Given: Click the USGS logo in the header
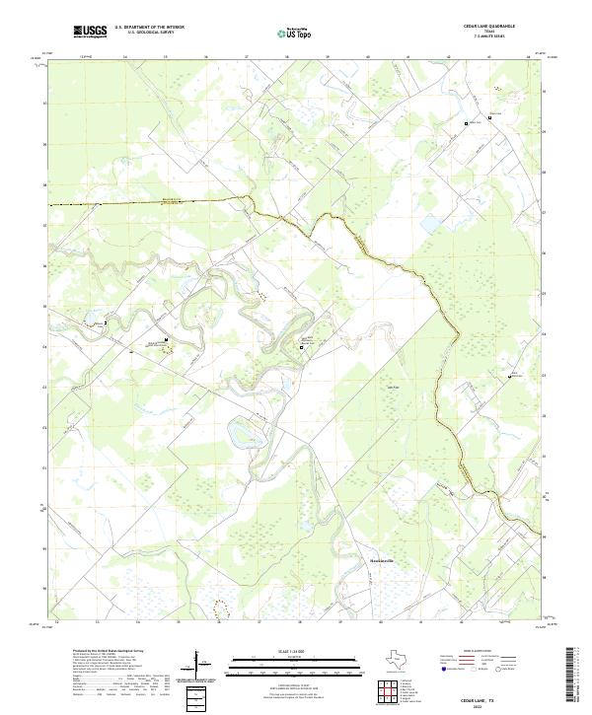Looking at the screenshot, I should point(91,32).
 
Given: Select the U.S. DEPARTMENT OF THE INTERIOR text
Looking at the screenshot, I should point(150,27).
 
